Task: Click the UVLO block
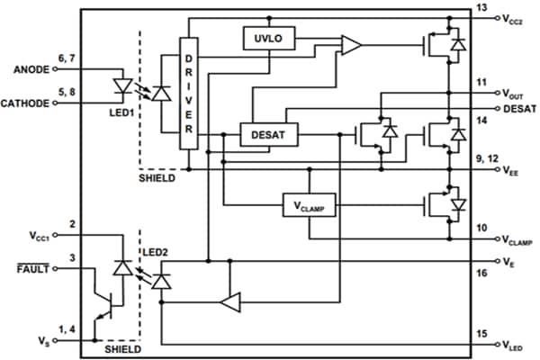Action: point(263,38)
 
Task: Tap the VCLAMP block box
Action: point(308,205)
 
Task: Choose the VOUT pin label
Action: point(513,94)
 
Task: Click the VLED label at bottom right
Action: point(513,346)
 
